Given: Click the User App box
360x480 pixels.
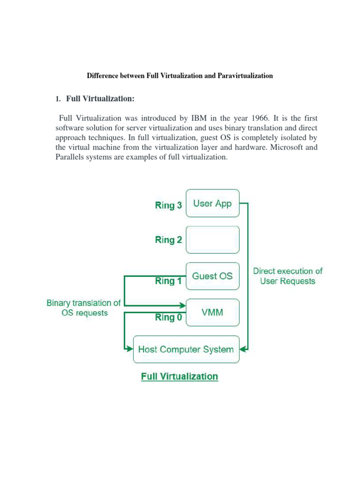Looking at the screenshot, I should [x=212, y=203].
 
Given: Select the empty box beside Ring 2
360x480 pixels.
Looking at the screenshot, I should [x=212, y=240].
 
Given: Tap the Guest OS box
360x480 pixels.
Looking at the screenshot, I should [x=212, y=276].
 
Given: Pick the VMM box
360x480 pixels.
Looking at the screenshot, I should [x=212, y=312].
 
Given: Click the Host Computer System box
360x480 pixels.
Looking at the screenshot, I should [x=186, y=349].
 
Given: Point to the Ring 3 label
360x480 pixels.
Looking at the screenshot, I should [x=168, y=205].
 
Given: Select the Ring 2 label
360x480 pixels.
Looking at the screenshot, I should [x=168, y=240].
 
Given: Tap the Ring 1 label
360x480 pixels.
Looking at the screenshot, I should [x=168, y=281].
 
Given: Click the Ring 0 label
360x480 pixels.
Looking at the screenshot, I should [x=168, y=318].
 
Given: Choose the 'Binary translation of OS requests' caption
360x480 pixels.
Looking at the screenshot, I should [x=84, y=308].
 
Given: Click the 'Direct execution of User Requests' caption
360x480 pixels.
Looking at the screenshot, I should [x=288, y=276].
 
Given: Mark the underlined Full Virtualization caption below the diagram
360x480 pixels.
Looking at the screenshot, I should [x=180, y=376].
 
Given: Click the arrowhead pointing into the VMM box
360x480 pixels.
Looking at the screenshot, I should [x=183, y=306].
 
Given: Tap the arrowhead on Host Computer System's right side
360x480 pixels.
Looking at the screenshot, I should [x=245, y=349].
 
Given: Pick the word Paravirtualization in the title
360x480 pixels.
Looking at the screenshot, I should [x=245, y=75].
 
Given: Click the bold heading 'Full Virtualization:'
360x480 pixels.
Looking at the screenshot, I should [x=100, y=98].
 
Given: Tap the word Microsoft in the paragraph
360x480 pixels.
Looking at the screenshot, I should [x=283, y=147].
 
